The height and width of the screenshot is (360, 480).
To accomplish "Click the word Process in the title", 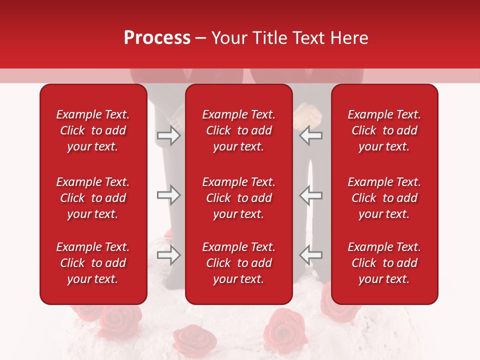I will point(157,38).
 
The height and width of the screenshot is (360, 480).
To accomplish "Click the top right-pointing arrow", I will point(168,135).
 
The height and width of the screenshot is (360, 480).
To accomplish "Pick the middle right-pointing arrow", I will point(168,195).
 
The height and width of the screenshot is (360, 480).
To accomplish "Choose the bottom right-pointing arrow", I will point(168,255).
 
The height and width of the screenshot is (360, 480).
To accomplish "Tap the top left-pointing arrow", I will point(311,135).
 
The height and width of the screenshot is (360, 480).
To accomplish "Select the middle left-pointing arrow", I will point(311,195).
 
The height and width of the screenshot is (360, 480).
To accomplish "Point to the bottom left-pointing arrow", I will point(311,255).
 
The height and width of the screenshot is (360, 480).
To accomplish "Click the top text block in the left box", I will point(93,130).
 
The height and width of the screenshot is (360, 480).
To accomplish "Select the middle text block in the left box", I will point(93,198).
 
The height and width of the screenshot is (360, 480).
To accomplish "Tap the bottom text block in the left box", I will point(93,263).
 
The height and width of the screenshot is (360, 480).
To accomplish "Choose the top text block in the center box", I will point(239,130).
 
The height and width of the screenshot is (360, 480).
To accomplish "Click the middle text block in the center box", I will point(239,198).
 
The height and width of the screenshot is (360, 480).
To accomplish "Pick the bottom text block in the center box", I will point(239,263).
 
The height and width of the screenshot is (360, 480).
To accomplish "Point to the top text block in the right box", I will point(384,130).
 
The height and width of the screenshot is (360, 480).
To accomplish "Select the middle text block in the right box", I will point(384,198).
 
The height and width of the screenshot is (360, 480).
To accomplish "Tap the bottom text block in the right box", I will point(384,263).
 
